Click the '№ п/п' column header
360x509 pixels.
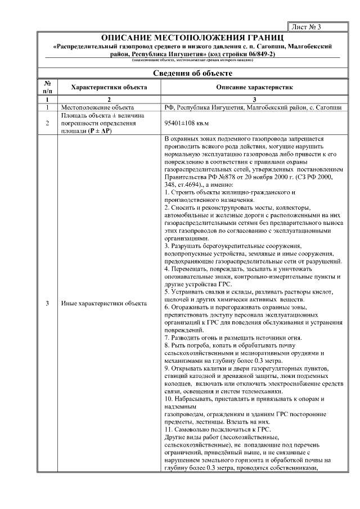pyautogui.click(x=47, y=87)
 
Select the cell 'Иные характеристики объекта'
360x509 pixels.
pyautogui.click(x=103, y=304)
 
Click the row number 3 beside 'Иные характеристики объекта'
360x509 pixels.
pyautogui.click(x=47, y=304)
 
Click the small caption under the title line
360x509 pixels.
pyautogui.click(x=188, y=60)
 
